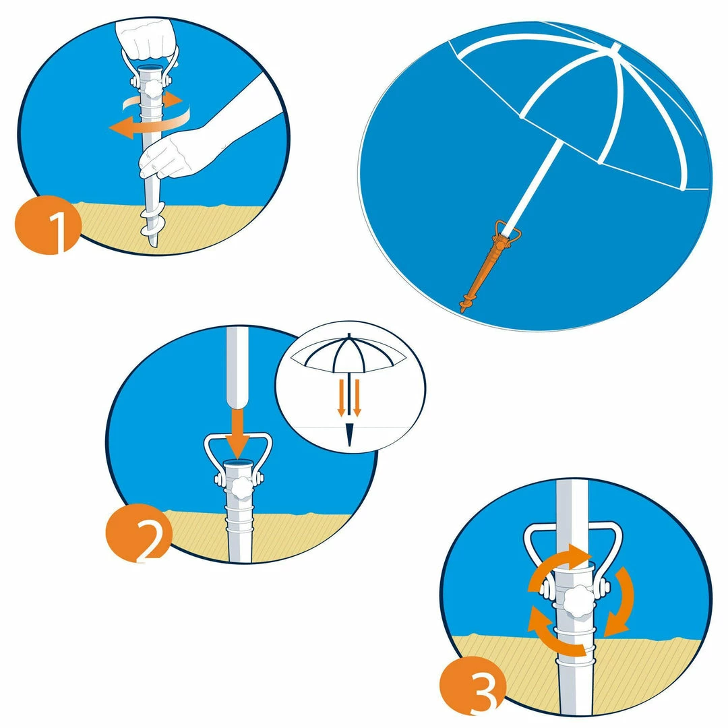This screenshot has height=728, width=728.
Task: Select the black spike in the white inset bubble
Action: click(x=349, y=435)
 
